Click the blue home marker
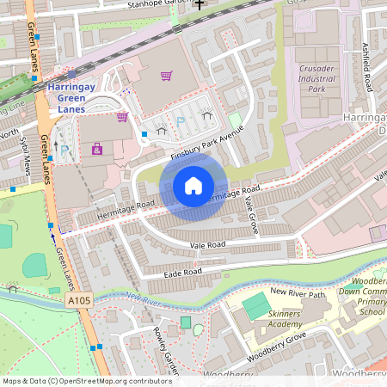(193, 185)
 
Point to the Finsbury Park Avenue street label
(206, 144)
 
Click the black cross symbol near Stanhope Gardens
(200, 4)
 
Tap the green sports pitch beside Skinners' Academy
(255, 304)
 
